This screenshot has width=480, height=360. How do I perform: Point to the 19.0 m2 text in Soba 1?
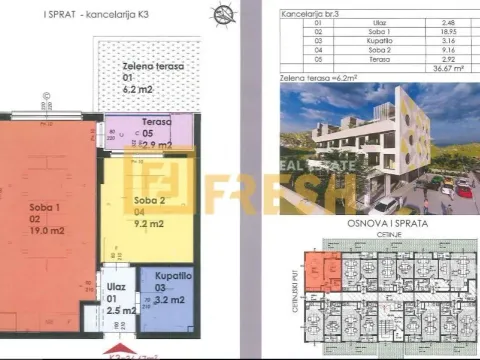tap(43, 228)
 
